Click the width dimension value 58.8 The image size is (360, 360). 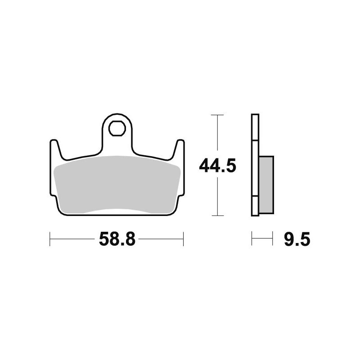pyautogui.click(x=117, y=239)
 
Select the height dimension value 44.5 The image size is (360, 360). pyautogui.click(x=218, y=166)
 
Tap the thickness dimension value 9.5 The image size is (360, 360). pyautogui.click(x=297, y=239)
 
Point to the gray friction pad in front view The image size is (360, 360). pyautogui.click(x=117, y=182)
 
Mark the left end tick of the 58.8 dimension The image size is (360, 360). pyautogui.click(x=50, y=239)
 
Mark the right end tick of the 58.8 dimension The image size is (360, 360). pyautogui.click(x=183, y=239)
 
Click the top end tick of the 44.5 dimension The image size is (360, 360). pyautogui.click(x=218, y=115)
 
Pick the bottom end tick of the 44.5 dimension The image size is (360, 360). pyautogui.click(x=218, y=216)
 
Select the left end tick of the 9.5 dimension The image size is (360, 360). pyautogui.click(x=252, y=239)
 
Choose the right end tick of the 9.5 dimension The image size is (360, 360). pyautogui.click(x=273, y=239)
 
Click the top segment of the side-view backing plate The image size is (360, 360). pyautogui.click(x=255, y=128)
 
